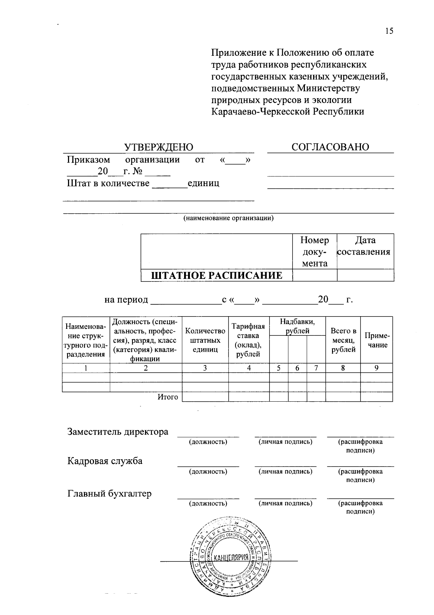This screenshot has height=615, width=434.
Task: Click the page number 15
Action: click(x=389, y=31)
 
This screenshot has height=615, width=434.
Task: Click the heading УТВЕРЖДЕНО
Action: click(x=159, y=147)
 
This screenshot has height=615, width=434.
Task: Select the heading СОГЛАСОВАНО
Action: click(x=330, y=147)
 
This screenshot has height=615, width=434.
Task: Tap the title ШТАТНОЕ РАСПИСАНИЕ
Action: click(x=217, y=276)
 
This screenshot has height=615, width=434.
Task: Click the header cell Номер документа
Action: click(x=315, y=252)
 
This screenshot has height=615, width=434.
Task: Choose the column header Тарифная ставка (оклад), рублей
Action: click(x=248, y=340)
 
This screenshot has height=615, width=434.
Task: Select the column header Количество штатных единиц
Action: click(x=205, y=340)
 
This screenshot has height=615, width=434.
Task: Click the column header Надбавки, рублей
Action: click(x=297, y=326)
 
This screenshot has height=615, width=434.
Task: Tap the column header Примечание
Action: click(x=376, y=340)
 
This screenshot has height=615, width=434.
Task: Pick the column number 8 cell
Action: click(x=343, y=368)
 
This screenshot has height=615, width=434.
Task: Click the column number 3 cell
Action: click(x=205, y=368)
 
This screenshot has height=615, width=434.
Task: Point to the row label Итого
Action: click(x=168, y=397)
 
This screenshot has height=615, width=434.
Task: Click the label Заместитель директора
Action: click(x=118, y=432)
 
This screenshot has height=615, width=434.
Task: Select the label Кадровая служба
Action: click(x=105, y=461)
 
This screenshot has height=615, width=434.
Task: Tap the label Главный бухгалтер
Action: click(x=110, y=493)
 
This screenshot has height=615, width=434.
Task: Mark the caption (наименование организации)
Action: click(x=228, y=218)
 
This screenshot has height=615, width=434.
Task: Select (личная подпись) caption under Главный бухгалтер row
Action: click(x=285, y=503)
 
